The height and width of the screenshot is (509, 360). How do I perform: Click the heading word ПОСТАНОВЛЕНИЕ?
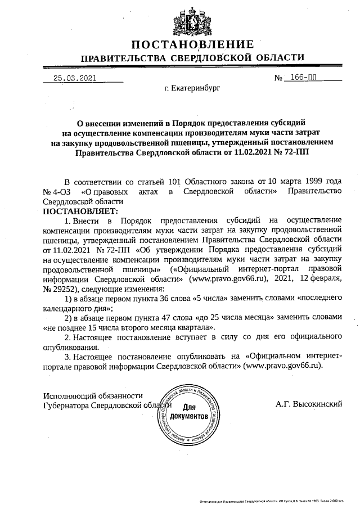[193, 44]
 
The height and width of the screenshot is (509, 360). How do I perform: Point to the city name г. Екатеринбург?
[192, 88]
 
